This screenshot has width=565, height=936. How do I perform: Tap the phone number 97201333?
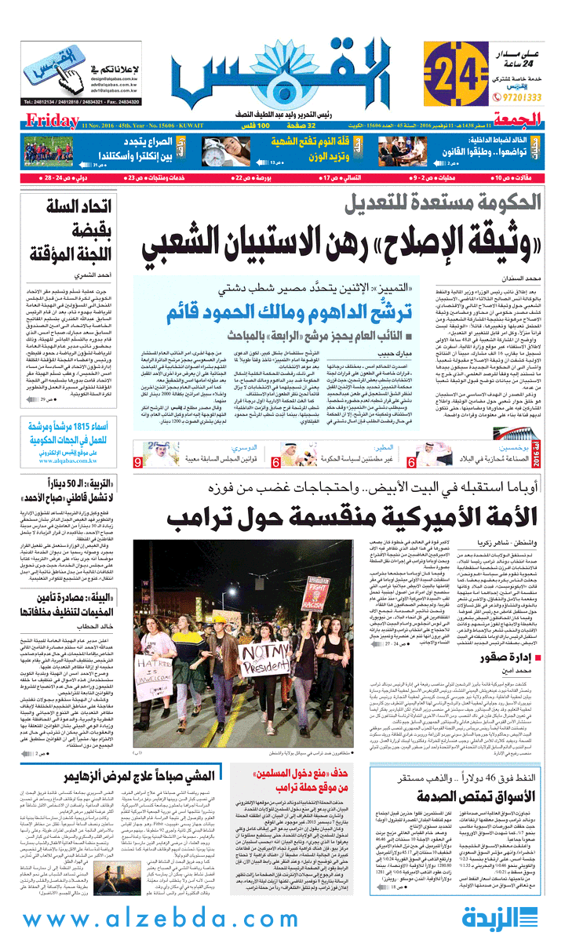[x=521, y=97]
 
